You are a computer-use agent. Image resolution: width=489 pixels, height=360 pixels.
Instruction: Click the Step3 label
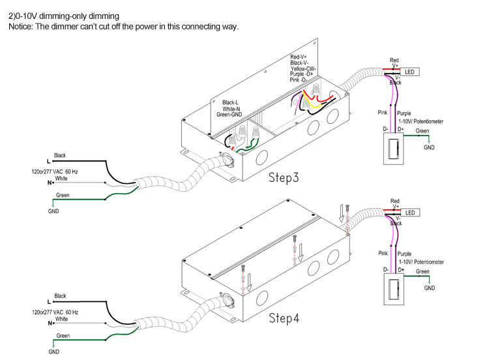click(x=284, y=177)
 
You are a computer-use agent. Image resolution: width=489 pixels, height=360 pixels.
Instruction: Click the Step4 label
click(x=284, y=318)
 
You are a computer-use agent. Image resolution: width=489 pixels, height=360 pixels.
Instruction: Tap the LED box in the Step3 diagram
click(x=409, y=72)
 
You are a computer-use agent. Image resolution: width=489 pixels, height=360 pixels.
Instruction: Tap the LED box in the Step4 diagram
click(x=410, y=213)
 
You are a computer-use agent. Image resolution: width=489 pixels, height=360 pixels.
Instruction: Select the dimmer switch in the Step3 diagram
click(x=393, y=149)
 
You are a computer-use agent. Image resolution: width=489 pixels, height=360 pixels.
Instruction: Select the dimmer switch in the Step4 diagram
click(x=394, y=289)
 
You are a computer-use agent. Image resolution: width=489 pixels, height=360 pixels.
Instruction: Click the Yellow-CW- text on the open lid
click(x=303, y=68)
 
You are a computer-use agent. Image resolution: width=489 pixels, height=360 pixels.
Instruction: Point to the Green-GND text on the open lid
click(x=230, y=115)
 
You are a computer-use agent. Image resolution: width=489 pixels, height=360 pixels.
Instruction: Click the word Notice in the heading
click(x=20, y=27)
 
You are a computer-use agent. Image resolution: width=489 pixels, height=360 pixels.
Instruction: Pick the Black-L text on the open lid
click(x=230, y=102)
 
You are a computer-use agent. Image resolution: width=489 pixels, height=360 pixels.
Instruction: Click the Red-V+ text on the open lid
click(x=299, y=57)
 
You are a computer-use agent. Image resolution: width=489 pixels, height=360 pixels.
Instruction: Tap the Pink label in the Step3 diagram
click(x=382, y=113)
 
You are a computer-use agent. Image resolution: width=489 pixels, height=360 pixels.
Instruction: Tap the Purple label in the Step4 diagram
click(x=404, y=254)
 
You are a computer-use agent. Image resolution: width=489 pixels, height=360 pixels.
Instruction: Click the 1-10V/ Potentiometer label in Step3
click(x=421, y=121)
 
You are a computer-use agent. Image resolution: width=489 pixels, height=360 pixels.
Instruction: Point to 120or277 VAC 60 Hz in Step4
click(x=55, y=312)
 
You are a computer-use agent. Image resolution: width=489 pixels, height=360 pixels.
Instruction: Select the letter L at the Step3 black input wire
click(x=48, y=161)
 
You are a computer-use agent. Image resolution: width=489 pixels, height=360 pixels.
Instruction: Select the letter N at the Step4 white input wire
click(x=50, y=323)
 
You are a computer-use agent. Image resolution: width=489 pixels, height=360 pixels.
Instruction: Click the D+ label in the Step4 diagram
click(x=401, y=269)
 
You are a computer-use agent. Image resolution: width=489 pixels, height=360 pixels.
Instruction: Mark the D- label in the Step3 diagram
click(x=385, y=129)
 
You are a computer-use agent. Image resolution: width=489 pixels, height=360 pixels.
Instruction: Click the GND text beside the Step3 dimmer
click(x=429, y=147)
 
